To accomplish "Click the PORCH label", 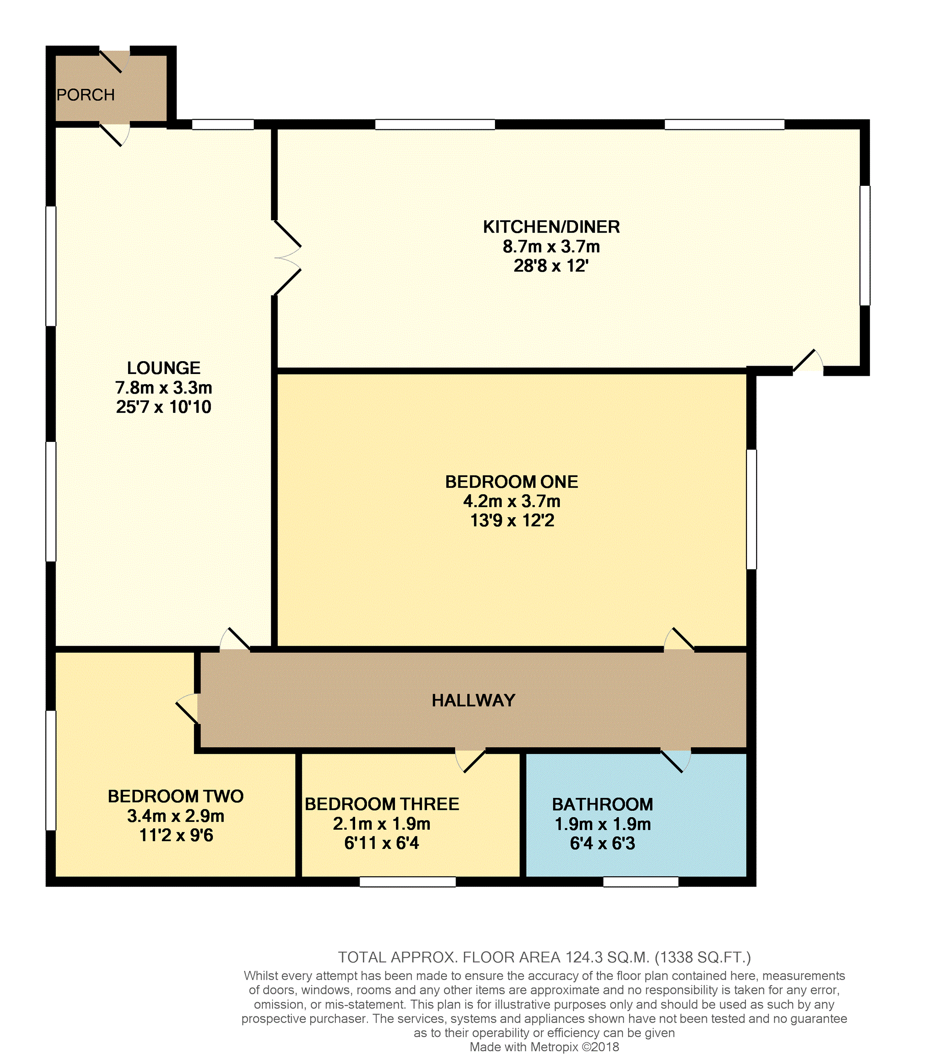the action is pyautogui.click(x=85, y=95).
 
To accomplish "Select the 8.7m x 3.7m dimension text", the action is pyautogui.click(x=551, y=246).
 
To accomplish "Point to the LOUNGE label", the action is pyautogui.click(x=164, y=368).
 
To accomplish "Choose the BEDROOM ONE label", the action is pyautogui.click(x=512, y=482).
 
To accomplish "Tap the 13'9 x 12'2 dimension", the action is pyautogui.click(x=512, y=520).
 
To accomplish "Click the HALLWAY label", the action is pyautogui.click(x=473, y=701).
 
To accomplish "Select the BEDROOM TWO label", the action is pyautogui.click(x=176, y=797).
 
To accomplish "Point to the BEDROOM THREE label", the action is pyautogui.click(x=382, y=804).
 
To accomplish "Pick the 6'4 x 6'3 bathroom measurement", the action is pyautogui.click(x=602, y=843).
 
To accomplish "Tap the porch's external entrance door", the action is pyautogui.click(x=115, y=61).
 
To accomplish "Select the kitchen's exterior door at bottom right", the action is pyautogui.click(x=808, y=361).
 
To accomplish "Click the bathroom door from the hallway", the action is pyautogui.click(x=676, y=761).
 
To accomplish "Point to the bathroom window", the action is pyautogui.click(x=641, y=882).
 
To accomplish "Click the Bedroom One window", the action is pyautogui.click(x=751, y=509).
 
